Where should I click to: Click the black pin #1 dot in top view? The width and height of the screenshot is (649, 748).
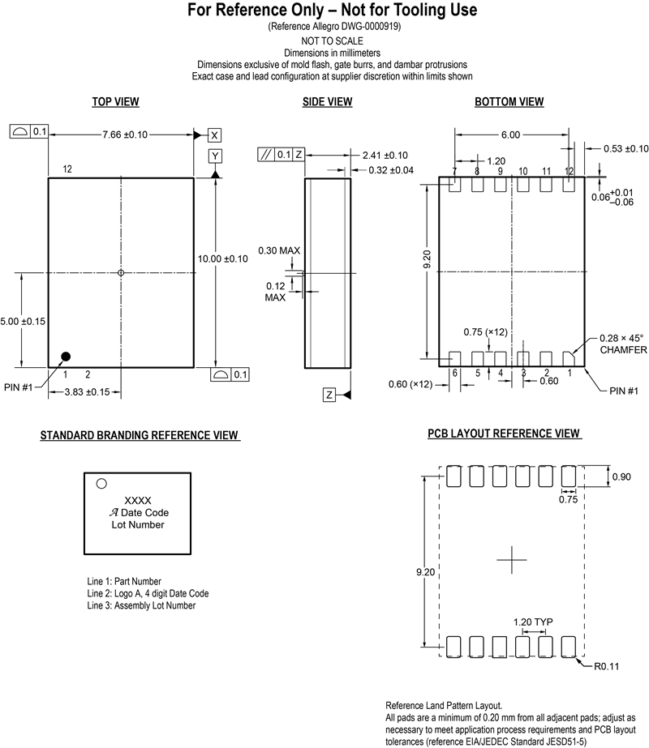tap(66, 356)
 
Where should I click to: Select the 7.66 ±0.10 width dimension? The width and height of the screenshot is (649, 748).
tap(124, 135)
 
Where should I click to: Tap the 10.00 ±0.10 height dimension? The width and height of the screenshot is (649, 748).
tap(223, 258)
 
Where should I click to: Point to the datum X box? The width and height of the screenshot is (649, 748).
tap(215, 135)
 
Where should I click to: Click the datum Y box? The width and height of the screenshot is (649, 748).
tap(215, 156)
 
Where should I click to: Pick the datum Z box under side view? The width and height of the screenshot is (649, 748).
tap(329, 395)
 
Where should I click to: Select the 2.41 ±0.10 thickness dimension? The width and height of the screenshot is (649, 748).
tap(385, 155)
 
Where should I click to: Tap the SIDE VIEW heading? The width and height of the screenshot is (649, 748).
tap(327, 102)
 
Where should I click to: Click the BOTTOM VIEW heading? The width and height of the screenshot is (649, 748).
tap(509, 102)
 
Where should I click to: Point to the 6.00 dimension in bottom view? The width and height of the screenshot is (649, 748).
tap(510, 135)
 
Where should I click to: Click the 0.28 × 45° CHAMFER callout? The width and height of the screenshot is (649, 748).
tap(622, 344)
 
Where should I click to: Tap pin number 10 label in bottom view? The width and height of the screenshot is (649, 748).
tap(523, 171)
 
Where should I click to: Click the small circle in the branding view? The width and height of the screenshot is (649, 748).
tap(101, 484)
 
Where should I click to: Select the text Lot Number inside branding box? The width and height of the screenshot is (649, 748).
tap(138, 525)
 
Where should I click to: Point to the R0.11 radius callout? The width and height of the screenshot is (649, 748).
tap(607, 667)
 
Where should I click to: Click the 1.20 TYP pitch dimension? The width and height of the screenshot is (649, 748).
tap(532, 622)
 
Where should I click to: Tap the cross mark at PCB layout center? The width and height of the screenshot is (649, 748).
tap(511, 560)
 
